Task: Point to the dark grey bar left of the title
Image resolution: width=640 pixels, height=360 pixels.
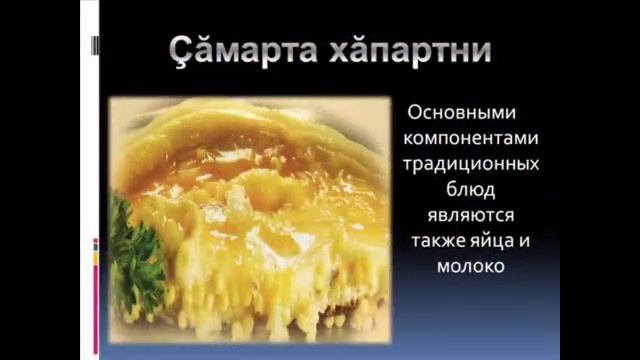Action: pos(95,46)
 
